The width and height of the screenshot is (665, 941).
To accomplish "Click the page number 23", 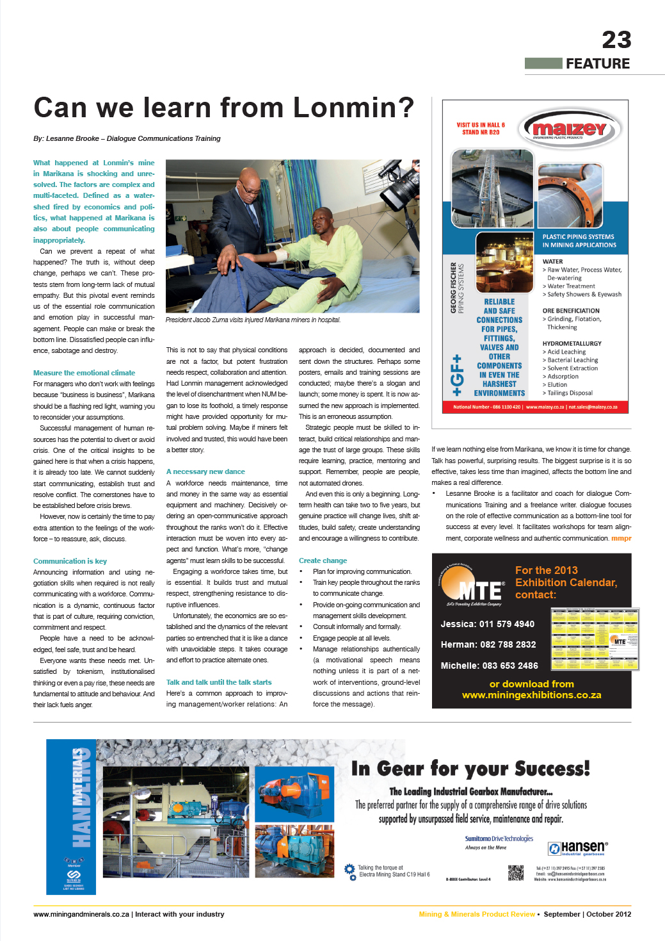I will click(616, 40).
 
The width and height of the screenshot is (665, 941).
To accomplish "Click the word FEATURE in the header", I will click(597, 63).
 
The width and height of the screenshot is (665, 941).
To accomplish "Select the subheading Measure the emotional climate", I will click(84, 373).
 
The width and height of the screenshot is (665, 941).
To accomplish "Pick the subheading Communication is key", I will click(70, 561).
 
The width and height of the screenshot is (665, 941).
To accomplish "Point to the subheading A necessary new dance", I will click(205, 471).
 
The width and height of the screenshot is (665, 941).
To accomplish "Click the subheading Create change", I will click(323, 561).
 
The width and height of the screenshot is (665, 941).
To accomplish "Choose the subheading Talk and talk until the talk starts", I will click(218, 682).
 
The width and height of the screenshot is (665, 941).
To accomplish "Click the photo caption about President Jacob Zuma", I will click(253, 320).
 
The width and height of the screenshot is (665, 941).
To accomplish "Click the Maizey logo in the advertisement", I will click(570, 129).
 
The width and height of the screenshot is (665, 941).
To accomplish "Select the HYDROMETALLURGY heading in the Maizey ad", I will click(572, 343).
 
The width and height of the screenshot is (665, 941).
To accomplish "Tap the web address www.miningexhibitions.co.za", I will click(531, 695).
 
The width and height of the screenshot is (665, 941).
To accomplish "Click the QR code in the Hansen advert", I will click(515, 872).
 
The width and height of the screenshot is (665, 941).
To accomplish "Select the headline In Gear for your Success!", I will click(470, 768).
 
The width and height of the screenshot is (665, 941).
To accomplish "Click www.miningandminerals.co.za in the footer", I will click(81, 914).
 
